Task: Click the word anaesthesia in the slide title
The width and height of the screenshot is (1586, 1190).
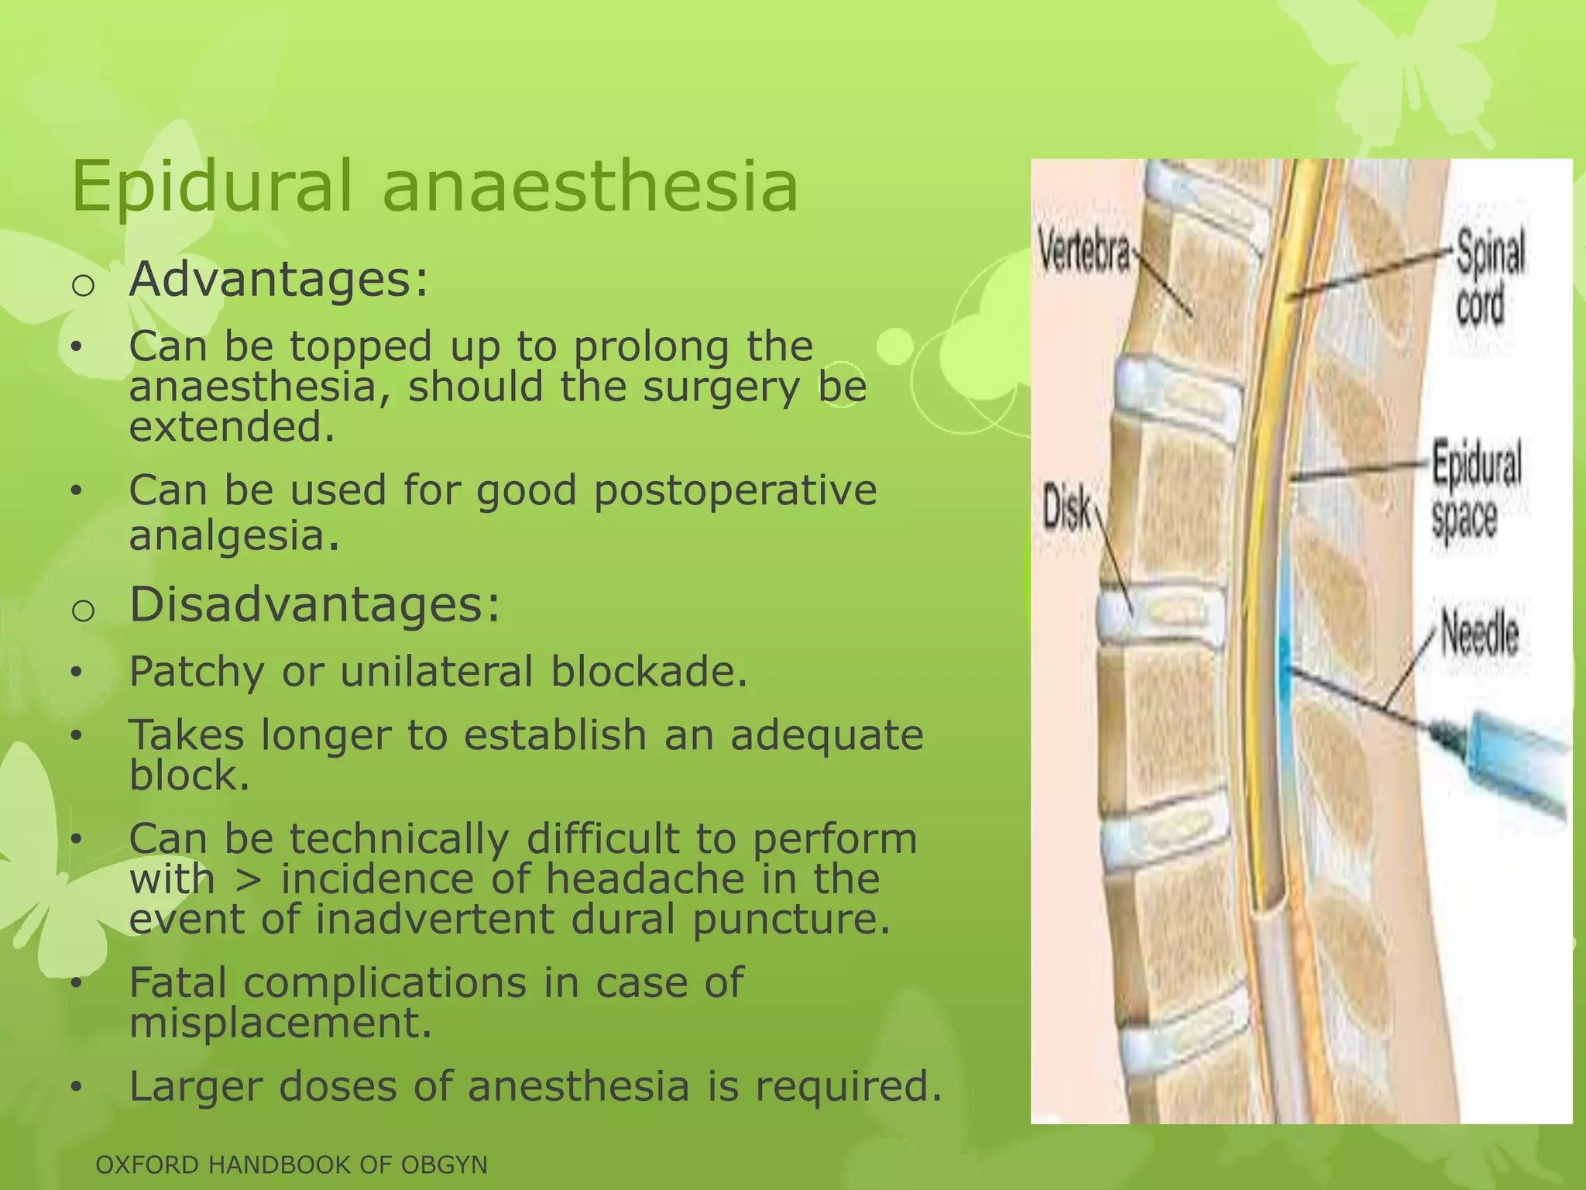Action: pyautogui.click(x=590, y=186)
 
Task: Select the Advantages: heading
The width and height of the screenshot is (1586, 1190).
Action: pyautogui.click(x=278, y=280)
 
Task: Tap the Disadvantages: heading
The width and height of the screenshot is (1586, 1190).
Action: pyautogui.click(x=314, y=605)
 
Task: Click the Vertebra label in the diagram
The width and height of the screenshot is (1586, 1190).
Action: pyautogui.click(x=1083, y=250)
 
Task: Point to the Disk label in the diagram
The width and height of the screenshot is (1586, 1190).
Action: pyautogui.click(x=1066, y=507)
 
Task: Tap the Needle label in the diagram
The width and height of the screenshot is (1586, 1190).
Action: pyautogui.click(x=1479, y=635)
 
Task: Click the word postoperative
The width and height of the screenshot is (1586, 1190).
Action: pyautogui.click(x=735, y=491)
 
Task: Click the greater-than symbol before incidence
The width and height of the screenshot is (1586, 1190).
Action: pyautogui.click(x=247, y=879)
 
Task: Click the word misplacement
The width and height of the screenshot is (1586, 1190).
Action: pyautogui.click(x=280, y=1023)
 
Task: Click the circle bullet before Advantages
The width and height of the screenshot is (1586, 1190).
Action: pyautogui.click(x=83, y=285)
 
